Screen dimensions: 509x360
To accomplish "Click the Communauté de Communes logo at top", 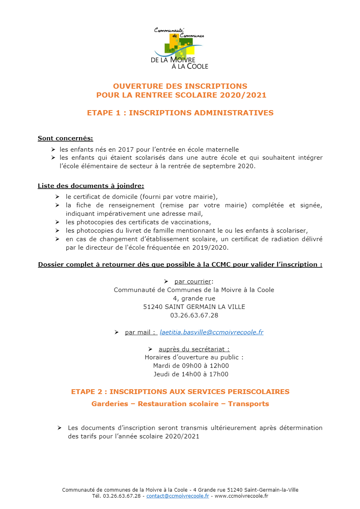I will pyautogui.click(x=180, y=48).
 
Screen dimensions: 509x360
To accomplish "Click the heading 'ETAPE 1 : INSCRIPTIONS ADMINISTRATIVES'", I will pyautogui.click(x=180, y=113).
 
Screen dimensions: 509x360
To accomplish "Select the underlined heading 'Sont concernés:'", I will pyautogui.click(x=65, y=138).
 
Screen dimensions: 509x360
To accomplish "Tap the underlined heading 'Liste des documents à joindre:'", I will pyautogui.click(x=91, y=186).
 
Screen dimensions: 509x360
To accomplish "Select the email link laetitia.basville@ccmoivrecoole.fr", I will pyautogui.click(x=211, y=332).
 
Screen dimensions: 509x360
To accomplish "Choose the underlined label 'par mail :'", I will pyautogui.click(x=140, y=332).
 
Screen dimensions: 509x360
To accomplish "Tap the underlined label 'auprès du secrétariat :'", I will pyautogui.click(x=194, y=349).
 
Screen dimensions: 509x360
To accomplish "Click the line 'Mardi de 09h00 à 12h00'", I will pyautogui.click(x=191, y=366).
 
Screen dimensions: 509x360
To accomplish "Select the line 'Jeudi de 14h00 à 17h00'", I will pyautogui.click(x=191, y=374).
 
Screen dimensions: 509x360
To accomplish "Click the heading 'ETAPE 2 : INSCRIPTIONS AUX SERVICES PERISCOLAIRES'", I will pyautogui.click(x=180, y=392).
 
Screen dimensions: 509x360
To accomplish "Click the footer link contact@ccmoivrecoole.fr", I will pyautogui.click(x=178, y=496).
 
